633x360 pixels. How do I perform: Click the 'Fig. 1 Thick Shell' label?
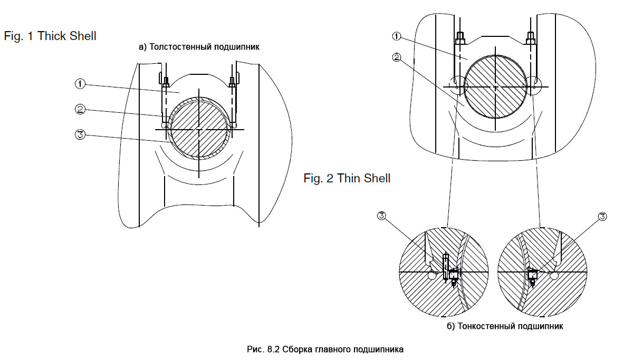(50, 36)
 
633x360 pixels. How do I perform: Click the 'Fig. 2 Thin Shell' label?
(347, 178)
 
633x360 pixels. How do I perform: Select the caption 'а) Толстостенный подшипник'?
(199, 47)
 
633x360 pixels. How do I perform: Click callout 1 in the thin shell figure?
(397, 36)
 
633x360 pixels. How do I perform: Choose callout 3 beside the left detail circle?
(382, 216)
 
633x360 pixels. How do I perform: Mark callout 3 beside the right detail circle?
(603, 216)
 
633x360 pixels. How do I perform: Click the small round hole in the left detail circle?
(432, 275)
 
